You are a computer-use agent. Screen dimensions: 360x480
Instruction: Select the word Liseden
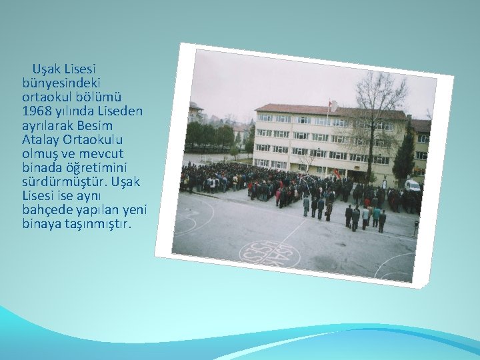coord(119,110)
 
